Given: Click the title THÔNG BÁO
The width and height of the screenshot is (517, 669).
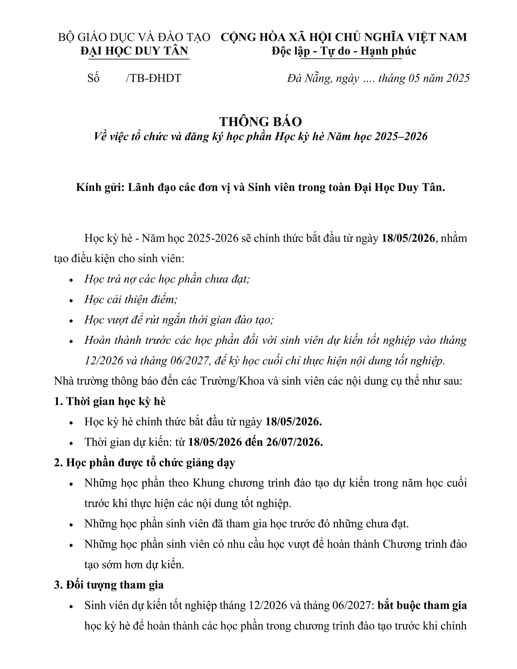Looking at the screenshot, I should coord(260,122).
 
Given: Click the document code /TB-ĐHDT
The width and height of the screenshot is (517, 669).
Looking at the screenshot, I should coord(153,78).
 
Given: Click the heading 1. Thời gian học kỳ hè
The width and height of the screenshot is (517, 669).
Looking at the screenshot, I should coord(110,401).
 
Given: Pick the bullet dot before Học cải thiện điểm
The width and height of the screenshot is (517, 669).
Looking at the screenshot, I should coord(71,300).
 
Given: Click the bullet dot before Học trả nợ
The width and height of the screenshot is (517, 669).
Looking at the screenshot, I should coord(71,280).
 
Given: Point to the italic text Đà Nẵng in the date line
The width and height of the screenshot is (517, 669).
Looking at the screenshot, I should coord(309,78).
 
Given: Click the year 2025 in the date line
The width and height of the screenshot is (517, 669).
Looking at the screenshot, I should coord(458,78).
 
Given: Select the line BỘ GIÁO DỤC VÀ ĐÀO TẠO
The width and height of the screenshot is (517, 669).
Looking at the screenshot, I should coord(134,37).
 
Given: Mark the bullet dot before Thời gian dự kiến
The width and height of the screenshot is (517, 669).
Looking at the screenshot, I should coord(71,443).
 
